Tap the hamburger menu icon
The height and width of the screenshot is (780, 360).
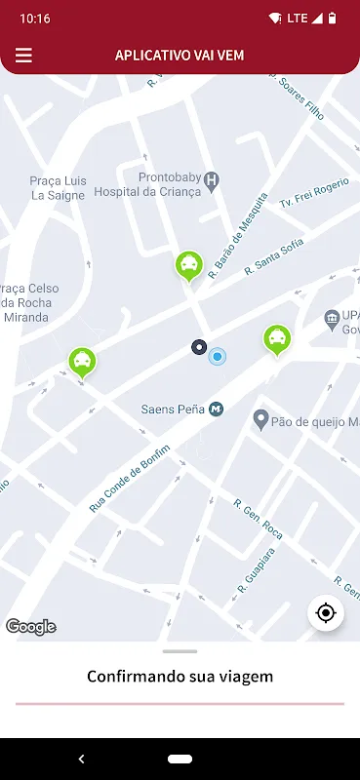click(x=23, y=56)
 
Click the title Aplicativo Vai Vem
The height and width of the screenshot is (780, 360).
click(x=180, y=56)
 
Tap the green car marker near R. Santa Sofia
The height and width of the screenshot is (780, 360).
click(x=188, y=264)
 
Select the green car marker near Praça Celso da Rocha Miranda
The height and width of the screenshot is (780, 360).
click(x=83, y=362)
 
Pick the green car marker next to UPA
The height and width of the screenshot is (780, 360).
click(x=278, y=338)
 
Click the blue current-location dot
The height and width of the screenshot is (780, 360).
click(x=218, y=356)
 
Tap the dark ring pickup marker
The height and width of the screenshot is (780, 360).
click(x=199, y=347)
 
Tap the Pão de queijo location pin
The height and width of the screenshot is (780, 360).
click(x=260, y=419)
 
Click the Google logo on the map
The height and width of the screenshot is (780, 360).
click(x=31, y=627)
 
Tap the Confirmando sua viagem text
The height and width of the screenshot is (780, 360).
click(x=180, y=676)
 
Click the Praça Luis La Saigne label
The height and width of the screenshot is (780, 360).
click(x=59, y=187)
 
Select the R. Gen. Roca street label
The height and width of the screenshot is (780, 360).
click(x=259, y=517)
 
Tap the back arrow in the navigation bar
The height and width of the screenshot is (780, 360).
click(x=81, y=759)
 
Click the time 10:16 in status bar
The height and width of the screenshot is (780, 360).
click(x=35, y=19)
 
